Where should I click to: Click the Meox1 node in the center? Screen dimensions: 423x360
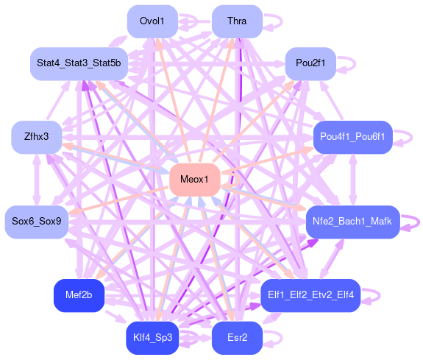(x=195, y=180)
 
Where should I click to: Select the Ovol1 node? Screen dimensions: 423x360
(x=152, y=21)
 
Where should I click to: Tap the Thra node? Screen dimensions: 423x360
(x=237, y=21)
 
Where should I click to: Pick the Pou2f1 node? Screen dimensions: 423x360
(x=310, y=64)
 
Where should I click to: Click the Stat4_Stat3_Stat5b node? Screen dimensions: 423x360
(x=79, y=64)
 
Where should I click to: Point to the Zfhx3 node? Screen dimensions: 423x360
(x=37, y=137)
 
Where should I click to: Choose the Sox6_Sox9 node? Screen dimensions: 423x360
(x=37, y=222)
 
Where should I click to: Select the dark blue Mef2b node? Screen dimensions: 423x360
(x=79, y=295)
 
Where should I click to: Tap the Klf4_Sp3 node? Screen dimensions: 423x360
(x=152, y=338)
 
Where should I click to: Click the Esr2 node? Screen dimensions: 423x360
(x=237, y=338)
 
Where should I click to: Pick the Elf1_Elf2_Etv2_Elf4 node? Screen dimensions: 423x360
(x=310, y=295)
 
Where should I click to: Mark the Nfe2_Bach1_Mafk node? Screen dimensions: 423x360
(x=353, y=222)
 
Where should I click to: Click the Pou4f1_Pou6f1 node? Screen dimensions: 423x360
(x=353, y=137)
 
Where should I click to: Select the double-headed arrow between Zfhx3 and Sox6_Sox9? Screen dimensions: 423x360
(x=37, y=180)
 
